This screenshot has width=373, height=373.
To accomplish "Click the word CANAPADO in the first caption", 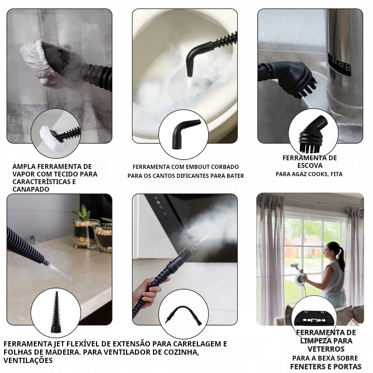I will coord(31,189).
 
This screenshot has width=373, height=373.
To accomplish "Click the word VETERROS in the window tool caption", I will coord(326,349).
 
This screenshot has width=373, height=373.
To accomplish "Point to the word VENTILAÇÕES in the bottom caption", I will coord(28,361).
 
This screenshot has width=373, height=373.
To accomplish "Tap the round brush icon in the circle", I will coord(313,135).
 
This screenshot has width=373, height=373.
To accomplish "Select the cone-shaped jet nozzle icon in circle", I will coord(56,313).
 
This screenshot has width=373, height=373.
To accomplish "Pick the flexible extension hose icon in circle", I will coord(183,315).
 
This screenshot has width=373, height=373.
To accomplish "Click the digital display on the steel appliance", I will coord(339,64).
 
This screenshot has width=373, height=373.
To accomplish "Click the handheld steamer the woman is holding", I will coord(298,275).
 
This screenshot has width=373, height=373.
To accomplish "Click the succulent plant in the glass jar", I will coord(83,212).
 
